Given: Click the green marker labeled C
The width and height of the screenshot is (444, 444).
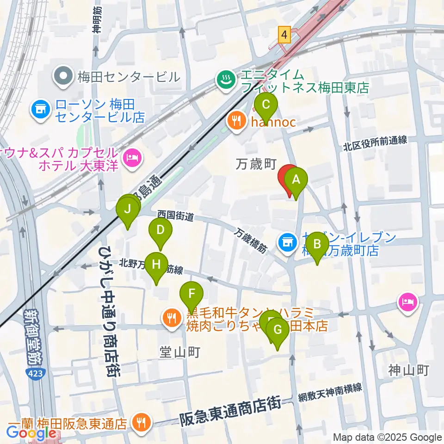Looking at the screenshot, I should point(266,105).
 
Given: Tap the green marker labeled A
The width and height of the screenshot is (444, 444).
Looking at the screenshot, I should point(296,180).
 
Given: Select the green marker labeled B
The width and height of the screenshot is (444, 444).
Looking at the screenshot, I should point(317,245).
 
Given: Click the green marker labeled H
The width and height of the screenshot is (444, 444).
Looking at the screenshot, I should point(157,265).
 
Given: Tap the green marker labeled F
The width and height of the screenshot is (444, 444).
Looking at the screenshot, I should point(191,294).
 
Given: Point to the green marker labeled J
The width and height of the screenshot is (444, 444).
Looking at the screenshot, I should point(128,210).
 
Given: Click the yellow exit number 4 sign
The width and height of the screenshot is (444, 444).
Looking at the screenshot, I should point(284,34).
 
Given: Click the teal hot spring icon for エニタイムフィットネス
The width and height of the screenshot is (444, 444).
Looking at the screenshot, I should point(226,80).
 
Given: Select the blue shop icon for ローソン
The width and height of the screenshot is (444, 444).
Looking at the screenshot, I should point(40,110).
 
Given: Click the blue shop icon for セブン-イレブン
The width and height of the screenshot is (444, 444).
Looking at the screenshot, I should point(287,242).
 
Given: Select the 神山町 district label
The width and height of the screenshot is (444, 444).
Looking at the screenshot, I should point(409,370).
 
